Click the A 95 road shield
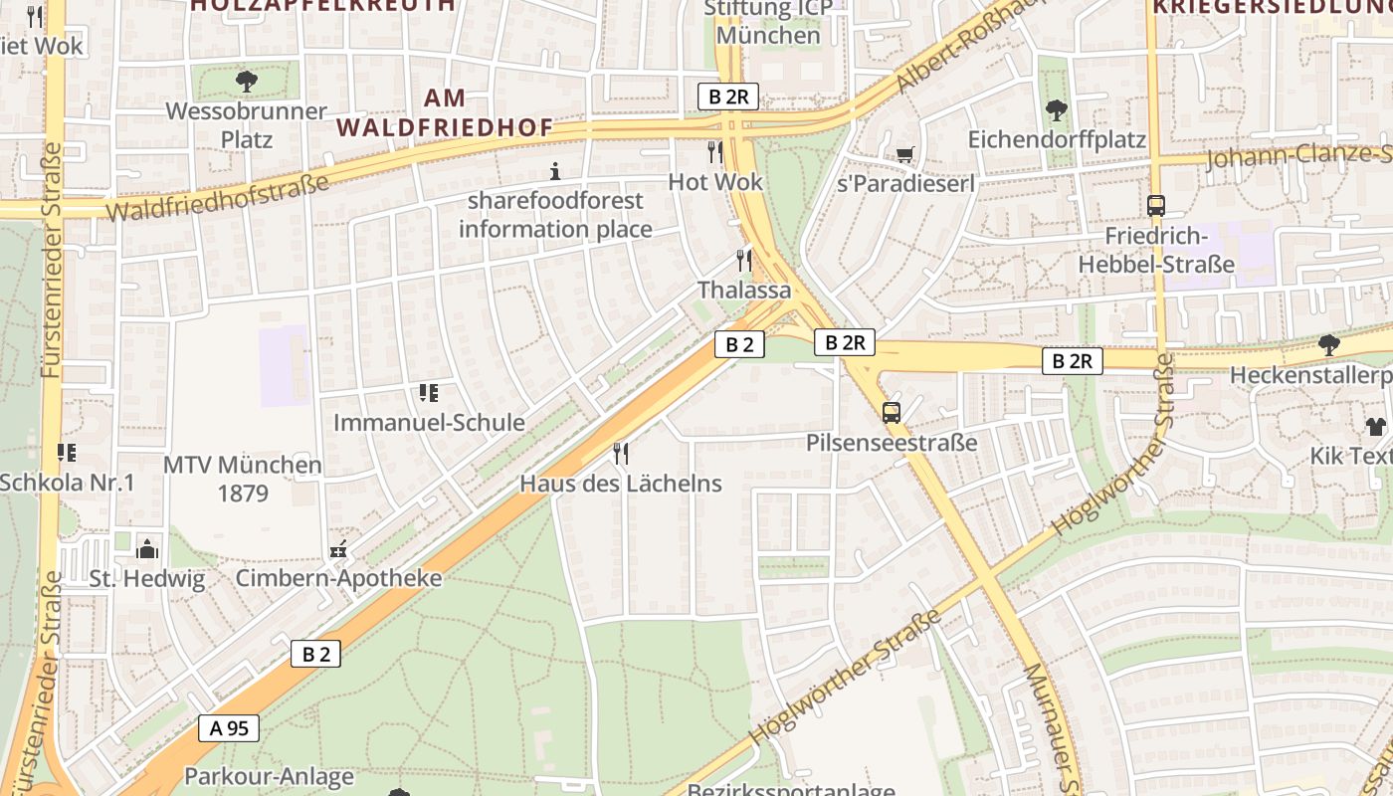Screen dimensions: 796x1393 click(x=229, y=728)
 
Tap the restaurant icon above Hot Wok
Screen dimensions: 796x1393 click(x=714, y=151)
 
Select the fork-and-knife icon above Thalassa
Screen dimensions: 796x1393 click(x=743, y=261)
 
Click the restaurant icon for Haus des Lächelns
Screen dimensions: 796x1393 click(x=621, y=454)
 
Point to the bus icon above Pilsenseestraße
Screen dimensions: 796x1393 click(x=892, y=412)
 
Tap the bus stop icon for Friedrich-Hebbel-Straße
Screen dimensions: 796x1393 click(x=1156, y=206)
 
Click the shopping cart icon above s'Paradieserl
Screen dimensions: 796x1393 click(x=904, y=154)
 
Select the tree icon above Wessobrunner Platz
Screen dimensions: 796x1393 click(x=246, y=82)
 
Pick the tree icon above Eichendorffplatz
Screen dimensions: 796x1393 click(x=1057, y=109)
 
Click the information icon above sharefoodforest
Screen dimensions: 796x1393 click(x=555, y=171)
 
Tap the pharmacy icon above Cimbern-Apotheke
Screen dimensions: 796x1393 click(x=338, y=549)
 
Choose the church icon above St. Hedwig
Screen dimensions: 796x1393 click(x=147, y=548)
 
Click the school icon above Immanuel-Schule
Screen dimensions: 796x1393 click(x=429, y=393)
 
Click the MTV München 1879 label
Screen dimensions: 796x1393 click(x=243, y=479)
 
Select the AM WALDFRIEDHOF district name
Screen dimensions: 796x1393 click(x=445, y=112)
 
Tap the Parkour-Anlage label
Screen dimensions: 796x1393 click(x=269, y=776)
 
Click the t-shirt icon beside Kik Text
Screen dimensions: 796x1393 click(x=1375, y=427)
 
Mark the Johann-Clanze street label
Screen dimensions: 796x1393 click(x=1298, y=156)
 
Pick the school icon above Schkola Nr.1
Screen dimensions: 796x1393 click(x=67, y=453)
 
